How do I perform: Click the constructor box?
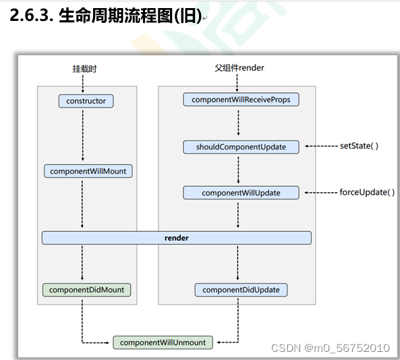(x=86, y=101)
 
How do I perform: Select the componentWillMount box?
(x=88, y=171)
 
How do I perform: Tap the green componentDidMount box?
(x=88, y=290)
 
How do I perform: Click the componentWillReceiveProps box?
(x=241, y=100)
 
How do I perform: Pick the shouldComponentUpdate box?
(x=241, y=147)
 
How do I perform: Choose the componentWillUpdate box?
(x=241, y=193)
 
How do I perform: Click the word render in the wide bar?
(x=177, y=238)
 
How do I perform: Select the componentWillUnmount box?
(x=163, y=342)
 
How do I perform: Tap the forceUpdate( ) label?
(x=367, y=192)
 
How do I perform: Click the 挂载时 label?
(x=84, y=68)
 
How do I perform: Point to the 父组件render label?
(x=239, y=67)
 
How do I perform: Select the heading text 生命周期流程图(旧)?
(x=130, y=16)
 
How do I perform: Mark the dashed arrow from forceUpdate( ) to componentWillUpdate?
(x=321, y=193)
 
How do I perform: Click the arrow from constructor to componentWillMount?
(x=82, y=135)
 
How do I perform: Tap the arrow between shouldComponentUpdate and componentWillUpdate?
(x=238, y=170)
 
